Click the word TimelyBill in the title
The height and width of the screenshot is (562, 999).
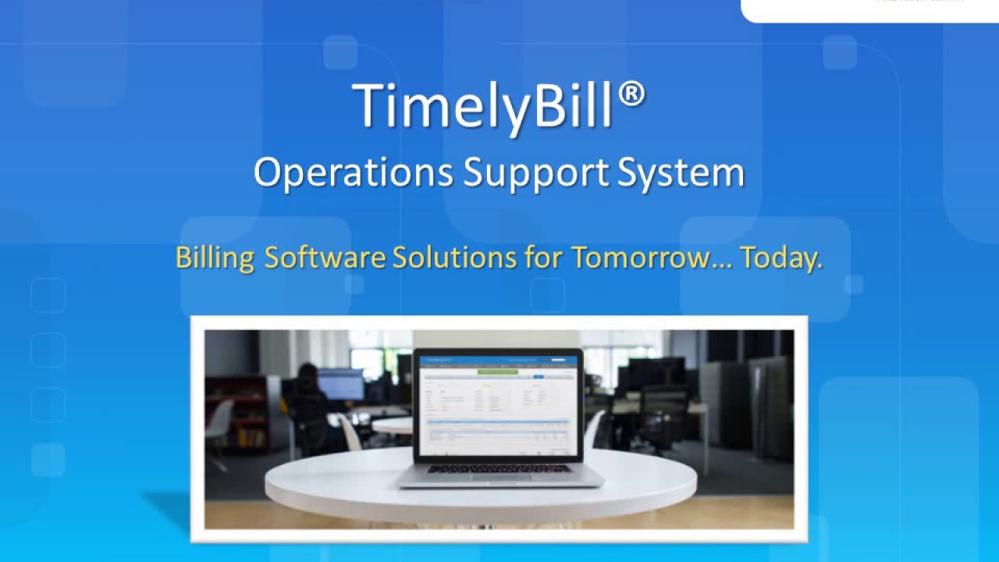(x=482, y=107)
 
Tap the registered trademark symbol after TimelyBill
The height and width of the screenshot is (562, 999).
(x=632, y=95)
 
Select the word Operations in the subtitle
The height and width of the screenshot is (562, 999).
(x=353, y=173)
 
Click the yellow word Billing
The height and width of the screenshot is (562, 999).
(x=214, y=258)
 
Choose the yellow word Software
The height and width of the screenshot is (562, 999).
(x=324, y=258)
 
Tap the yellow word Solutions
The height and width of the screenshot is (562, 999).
(x=454, y=258)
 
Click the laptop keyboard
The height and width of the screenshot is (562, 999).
(x=499, y=468)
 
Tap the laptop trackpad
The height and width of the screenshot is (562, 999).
(x=499, y=478)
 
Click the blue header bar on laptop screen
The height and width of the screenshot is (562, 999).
(x=499, y=361)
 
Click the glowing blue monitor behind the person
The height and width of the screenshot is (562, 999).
(x=340, y=384)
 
